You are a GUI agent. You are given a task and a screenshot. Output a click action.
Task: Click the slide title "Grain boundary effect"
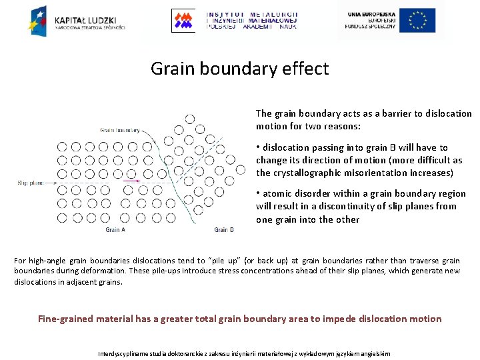(x=239, y=69)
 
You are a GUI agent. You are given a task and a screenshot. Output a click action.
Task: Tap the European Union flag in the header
(x=417, y=20)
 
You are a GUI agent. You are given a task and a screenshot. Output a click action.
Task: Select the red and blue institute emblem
(x=183, y=20)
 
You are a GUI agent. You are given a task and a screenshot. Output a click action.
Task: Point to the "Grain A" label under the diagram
(x=115, y=230)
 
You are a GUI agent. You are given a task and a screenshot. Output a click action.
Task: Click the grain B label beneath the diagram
(x=224, y=230)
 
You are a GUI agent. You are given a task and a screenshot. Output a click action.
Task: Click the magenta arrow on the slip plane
(x=132, y=181)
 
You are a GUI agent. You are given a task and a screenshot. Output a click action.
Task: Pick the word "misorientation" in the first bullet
(x=374, y=173)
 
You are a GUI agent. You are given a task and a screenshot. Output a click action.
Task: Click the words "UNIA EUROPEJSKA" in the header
(x=370, y=13)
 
